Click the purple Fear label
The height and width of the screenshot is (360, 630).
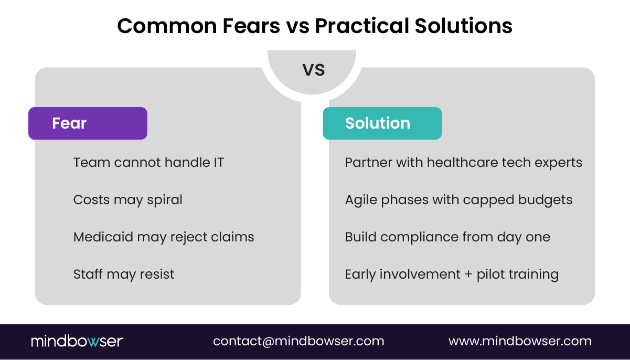tap(88, 123)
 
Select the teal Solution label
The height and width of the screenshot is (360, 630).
tap(382, 123)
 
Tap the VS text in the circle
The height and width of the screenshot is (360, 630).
tap(314, 70)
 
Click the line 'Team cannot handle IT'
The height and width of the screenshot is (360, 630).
tap(148, 163)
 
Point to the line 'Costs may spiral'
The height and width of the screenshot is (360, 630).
tap(128, 200)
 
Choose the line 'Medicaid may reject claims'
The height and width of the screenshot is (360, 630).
tap(164, 237)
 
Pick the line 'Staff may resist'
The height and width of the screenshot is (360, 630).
tap(124, 274)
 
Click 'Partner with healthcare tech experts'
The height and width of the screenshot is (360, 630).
tap(463, 163)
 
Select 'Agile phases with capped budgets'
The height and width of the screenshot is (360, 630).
tap(458, 200)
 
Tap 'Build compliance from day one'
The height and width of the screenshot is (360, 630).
tap(447, 237)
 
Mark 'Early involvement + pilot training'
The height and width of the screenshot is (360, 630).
tap(452, 274)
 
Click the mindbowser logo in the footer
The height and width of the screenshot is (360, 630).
tap(77, 341)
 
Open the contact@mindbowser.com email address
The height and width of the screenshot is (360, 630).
tap(298, 341)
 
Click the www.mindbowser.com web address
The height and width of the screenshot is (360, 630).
tap(520, 341)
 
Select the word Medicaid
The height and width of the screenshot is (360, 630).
tap(103, 237)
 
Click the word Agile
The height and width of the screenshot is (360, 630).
tap(359, 200)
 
